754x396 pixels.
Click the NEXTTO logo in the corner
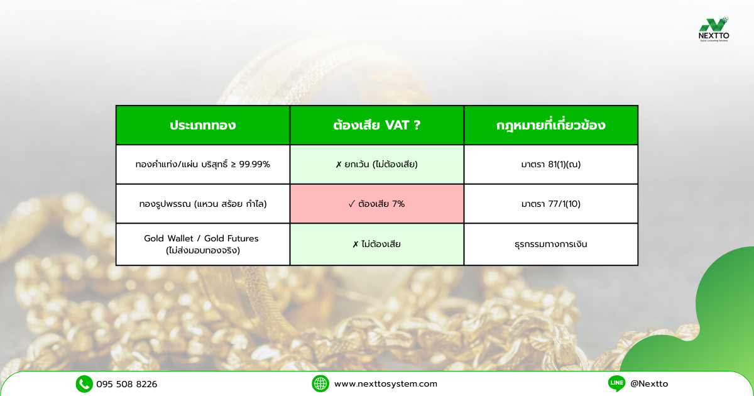[714, 30]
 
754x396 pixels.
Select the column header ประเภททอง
[202, 125]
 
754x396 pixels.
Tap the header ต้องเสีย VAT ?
[376, 125]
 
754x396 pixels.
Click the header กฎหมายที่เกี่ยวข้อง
[550, 125]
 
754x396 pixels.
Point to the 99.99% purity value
[254, 164]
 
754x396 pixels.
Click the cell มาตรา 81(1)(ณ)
[550, 164]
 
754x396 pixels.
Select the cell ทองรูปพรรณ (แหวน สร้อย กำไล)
[203, 204]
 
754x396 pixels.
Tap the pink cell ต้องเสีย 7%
[376, 204]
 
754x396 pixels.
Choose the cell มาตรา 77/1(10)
[550, 204]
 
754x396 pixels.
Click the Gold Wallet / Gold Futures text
[201, 238]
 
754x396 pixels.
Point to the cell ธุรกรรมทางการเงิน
[550, 244]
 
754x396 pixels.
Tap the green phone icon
[84, 384]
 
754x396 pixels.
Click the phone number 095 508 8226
[126, 384]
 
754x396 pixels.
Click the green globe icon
[320, 384]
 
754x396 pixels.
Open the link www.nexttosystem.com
[386, 384]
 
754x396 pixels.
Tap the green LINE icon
[616, 383]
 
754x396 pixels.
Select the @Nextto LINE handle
[649, 383]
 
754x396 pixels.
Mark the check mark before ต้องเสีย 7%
[352, 204]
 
